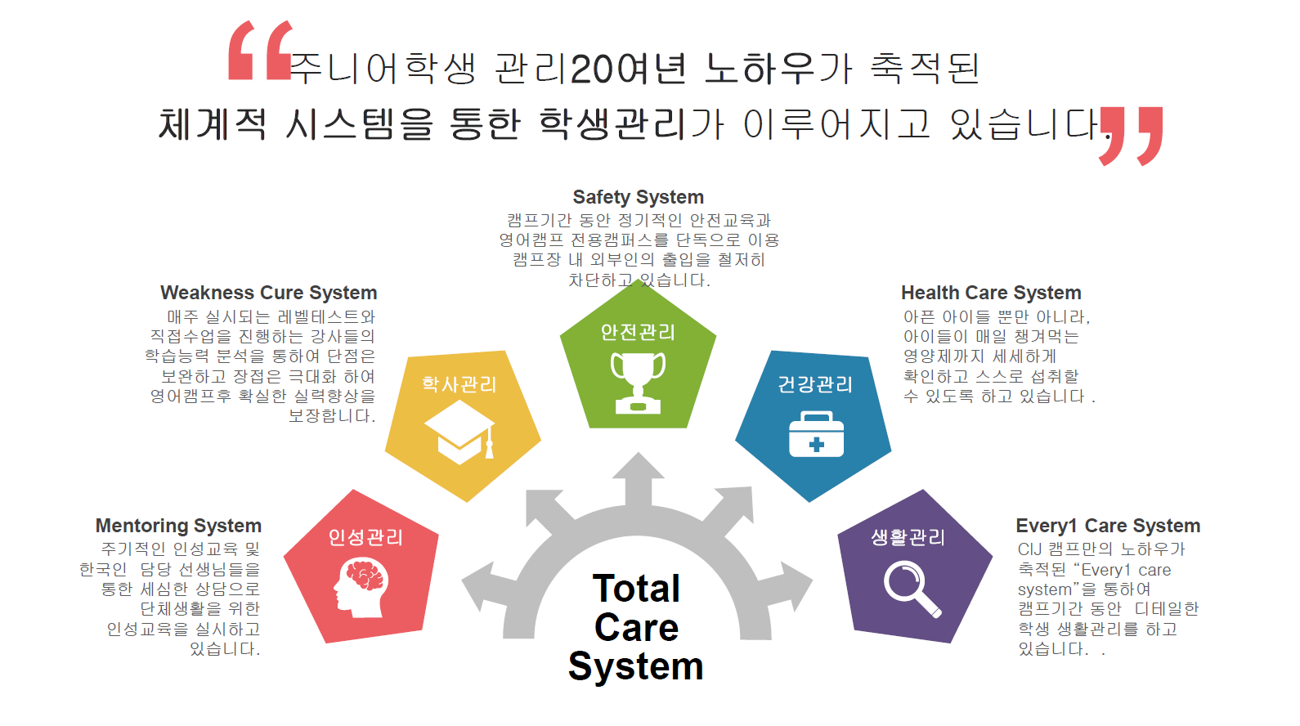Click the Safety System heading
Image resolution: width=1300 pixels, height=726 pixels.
[638, 197]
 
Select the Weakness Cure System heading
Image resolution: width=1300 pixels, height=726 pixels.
[269, 293]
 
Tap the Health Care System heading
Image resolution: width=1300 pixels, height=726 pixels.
[991, 293]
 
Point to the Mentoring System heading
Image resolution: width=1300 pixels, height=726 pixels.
[178, 526]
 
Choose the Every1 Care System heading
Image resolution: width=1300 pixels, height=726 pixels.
[1108, 526]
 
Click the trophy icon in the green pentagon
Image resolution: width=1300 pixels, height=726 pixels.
[638, 383]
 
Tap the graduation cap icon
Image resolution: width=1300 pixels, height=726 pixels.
[459, 432]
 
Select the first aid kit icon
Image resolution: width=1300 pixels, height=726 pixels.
[816, 434]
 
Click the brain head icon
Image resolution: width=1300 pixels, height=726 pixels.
[361, 587]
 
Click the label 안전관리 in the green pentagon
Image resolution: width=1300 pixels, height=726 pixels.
[638, 332]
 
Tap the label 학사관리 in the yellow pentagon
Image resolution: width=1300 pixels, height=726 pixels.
[459, 384]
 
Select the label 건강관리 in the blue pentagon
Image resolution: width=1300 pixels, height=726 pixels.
[815, 384]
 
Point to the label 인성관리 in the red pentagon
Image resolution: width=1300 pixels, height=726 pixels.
[365, 537]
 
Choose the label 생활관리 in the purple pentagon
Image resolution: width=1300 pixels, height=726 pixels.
[908, 537]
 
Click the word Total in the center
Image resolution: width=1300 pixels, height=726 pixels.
[636, 589]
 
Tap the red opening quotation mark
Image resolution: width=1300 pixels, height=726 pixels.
[260, 50]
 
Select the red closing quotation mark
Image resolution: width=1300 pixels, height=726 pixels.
[1131, 136]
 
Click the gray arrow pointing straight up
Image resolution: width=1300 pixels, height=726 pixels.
[639, 481]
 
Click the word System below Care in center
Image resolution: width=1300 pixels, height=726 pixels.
[636, 666]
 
